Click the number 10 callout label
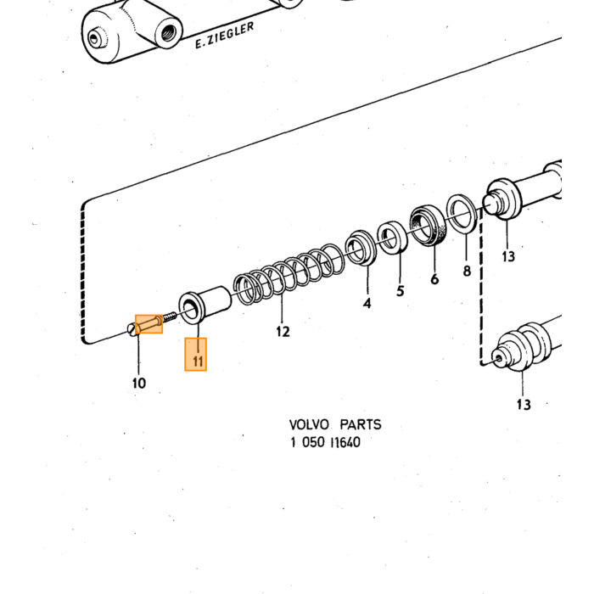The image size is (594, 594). pyautogui.click(x=139, y=383)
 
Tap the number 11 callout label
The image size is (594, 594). pyautogui.click(x=198, y=361)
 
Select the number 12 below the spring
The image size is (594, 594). pyautogui.click(x=283, y=332)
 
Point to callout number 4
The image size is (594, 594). pyautogui.click(x=367, y=303)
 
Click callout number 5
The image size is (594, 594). pyautogui.click(x=401, y=291)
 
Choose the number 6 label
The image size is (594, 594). pyautogui.click(x=434, y=279)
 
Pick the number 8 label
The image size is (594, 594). pyautogui.click(x=467, y=271)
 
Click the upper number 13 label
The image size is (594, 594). pyautogui.click(x=508, y=256)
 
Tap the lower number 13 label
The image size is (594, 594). pyautogui.click(x=524, y=404)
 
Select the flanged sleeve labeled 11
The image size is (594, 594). pyautogui.click(x=205, y=305)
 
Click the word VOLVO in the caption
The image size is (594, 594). pyautogui.click(x=309, y=424)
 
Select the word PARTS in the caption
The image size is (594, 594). pyautogui.click(x=361, y=424)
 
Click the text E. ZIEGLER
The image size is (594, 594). pyautogui.click(x=224, y=36)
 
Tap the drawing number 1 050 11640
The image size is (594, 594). pyautogui.click(x=325, y=442)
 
